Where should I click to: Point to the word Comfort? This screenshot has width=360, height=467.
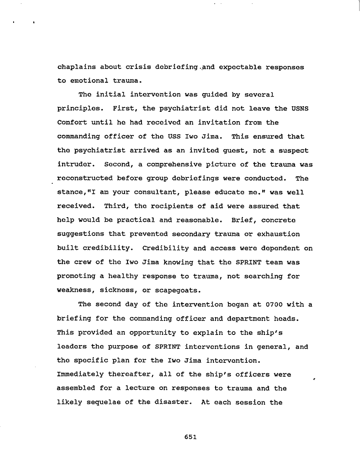[70, 122]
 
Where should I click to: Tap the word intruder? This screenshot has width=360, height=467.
[74, 164]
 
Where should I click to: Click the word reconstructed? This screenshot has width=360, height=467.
[83, 178]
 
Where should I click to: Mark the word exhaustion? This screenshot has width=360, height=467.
[278, 234]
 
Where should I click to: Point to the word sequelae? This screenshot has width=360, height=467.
[104, 402]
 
